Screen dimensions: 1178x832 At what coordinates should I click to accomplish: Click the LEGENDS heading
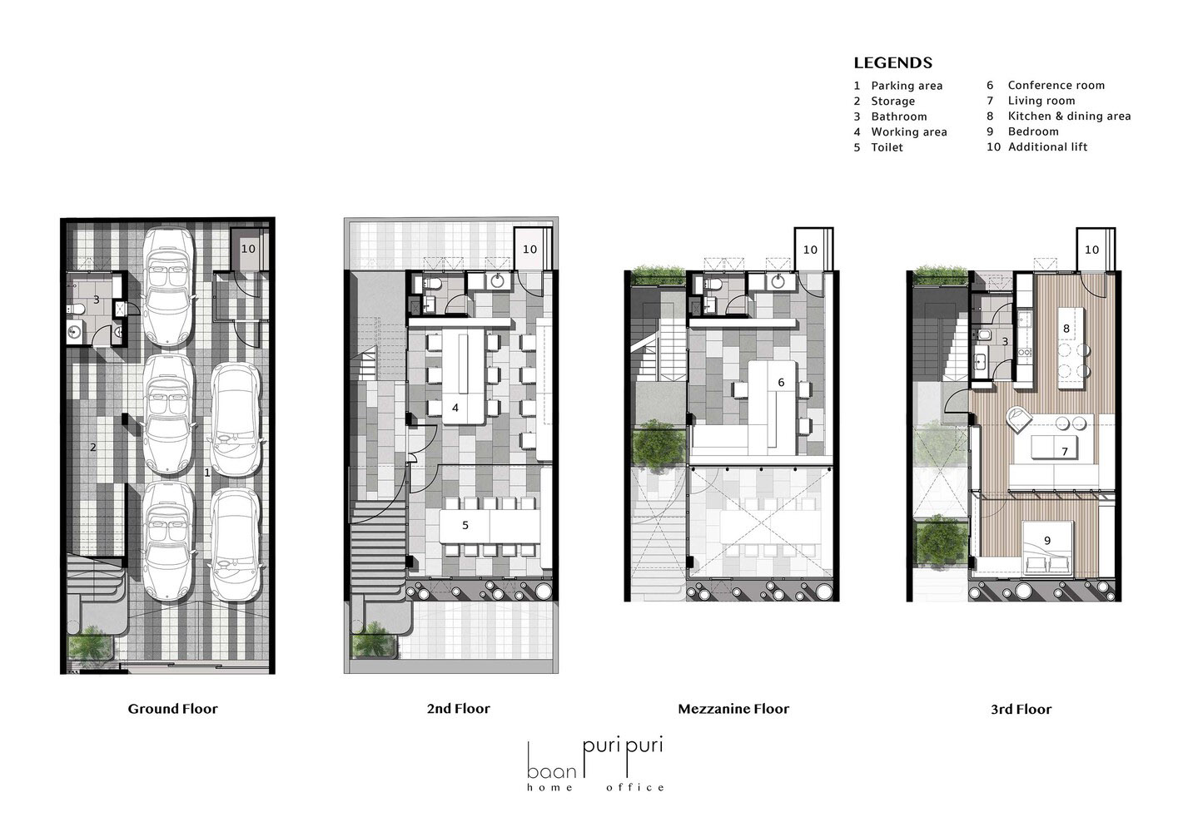pyautogui.click(x=892, y=63)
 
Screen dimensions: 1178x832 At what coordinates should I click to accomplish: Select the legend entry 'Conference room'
pyautogui.click(x=1056, y=85)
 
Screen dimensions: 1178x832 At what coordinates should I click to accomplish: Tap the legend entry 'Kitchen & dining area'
pyautogui.click(x=1069, y=116)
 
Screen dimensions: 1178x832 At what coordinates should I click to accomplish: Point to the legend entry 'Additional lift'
pyautogui.click(x=1047, y=146)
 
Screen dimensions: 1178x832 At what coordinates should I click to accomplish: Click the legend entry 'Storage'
pyautogui.click(x=893, y=101)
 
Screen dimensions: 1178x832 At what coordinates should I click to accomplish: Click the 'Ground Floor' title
pyautogui.click(x=172, y=709)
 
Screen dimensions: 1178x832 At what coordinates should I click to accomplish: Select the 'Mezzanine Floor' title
pyautogui.click(x=733, y=709)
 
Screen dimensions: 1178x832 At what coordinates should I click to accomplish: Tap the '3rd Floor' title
pyautogui.click(x=1021, y=709)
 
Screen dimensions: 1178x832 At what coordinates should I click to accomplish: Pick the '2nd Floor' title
pyautogui.click(x=459, y=709)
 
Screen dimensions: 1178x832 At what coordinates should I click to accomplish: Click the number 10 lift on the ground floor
pyautogui.click(x=248, y=249)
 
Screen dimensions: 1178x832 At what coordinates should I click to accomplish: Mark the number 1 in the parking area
pyautogui.click(x=207, y=473)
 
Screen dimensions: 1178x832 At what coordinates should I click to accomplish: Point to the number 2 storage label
pyautogui.click(x=93, y=448)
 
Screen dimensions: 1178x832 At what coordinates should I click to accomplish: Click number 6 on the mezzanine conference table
pyautogui.click(x=781, y=382)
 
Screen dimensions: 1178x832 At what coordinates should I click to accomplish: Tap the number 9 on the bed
pyautogui.click(x=1047, y=540)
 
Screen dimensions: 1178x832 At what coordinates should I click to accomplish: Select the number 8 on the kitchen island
pyautogui.click(x=1066, y=329)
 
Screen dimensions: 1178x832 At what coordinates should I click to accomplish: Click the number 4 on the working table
pyautogui.click(x=455, y=408)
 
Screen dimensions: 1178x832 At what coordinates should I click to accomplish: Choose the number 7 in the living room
pyautogui.click(x=1065, y=451)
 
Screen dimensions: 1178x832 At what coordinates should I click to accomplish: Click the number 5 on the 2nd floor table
pyautogui.click(x=465, y=525)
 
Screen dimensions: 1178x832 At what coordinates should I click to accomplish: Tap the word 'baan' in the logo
pyautogui.click(x=552, y=771)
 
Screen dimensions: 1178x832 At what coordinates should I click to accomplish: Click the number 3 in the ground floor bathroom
pyautogui.click(x=97, y=300)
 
